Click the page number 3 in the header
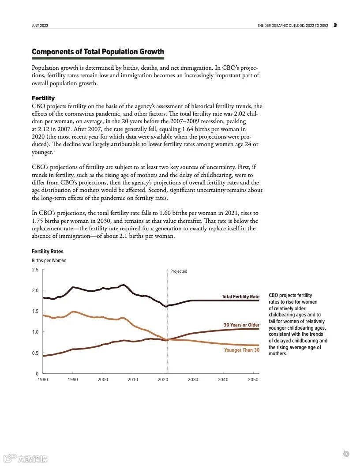tap(335, 25)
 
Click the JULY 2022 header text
tap(40, 26)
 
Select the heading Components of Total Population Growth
tap(97, 52)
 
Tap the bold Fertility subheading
tap(43, 98)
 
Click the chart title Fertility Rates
tap(48, 252)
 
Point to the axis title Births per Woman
tap(49, 260)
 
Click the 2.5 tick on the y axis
tap(35, 270)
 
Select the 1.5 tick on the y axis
tap(35, 311)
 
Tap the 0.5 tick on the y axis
tap(35, 353)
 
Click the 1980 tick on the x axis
tap(43, 380)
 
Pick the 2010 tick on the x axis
tap(133, 380)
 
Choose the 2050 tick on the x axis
tap(253, 380)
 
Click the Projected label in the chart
tap(179, 271)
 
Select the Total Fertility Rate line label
tap(240, 297)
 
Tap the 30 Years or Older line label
tap(241, 325)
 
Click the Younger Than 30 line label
tap(242, 350)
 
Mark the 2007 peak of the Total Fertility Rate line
tap(124, 285)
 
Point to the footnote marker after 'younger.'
tap(54, 151)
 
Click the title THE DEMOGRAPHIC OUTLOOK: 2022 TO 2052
tap(292, 26)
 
